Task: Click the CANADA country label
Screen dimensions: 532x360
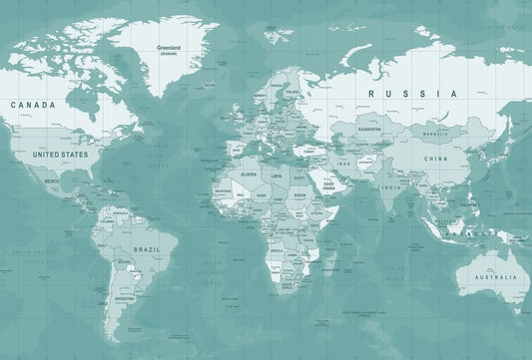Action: pyautogui.click(x=32, y=104)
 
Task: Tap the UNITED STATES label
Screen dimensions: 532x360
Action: pyautogui.click(x=60, y=155)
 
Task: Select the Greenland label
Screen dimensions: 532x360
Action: pyautogui.click(x=168, y=47)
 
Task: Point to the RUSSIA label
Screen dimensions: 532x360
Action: pyautogui.click(x=412, y=94)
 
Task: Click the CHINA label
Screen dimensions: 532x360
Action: pyautogui.click(x=435, y=159)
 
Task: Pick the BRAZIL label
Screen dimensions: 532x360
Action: pyautogui.click(x=146, y=249)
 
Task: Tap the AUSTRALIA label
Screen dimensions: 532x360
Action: pyautogui.click(x=494, y=276)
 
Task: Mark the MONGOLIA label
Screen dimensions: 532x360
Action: pyautogui.click(x=435, y=134)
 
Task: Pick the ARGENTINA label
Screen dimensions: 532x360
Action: pyautogui.click(x=124, y=298)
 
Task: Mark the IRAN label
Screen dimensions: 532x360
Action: pyautogui.click(x=344, y=163)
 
